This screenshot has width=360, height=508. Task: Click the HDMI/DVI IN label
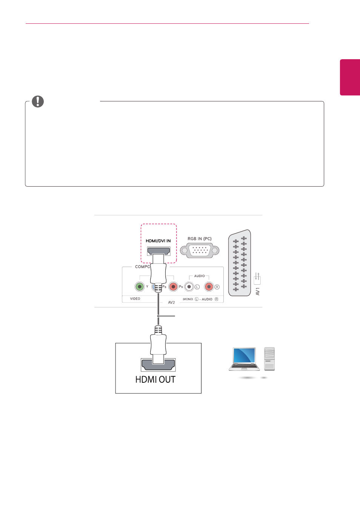158,241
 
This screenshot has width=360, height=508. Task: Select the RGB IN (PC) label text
200,239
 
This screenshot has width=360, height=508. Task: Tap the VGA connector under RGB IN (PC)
200,250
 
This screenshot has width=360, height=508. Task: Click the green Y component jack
140,287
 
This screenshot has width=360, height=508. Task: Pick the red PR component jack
173,287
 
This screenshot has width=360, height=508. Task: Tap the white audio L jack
189,287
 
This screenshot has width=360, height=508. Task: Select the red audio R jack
209,287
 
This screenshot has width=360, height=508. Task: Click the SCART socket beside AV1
240,263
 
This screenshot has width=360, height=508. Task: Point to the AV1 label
257,292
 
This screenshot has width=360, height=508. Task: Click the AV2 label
171,302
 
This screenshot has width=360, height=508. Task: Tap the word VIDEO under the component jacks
135,299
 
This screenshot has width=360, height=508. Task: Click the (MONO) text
188,299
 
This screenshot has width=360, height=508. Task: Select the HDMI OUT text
155,379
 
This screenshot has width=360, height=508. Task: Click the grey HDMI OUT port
158,365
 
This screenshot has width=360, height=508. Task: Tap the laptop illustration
244,359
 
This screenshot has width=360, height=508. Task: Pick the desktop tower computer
269,359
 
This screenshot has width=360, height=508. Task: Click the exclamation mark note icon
38,101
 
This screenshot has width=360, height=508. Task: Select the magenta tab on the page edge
350,77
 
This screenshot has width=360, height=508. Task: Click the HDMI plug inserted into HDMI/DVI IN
158,272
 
